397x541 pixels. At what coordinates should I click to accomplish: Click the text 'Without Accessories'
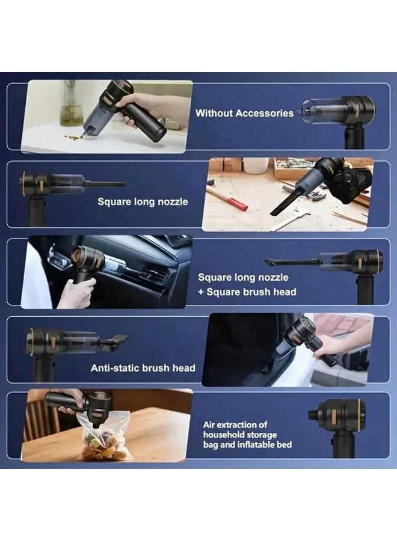(244, 113)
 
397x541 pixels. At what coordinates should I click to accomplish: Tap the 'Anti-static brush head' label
(143, 368)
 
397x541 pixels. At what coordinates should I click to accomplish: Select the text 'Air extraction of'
(235, 424)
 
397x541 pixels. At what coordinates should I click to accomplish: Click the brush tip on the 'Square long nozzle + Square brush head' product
(271, 261)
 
